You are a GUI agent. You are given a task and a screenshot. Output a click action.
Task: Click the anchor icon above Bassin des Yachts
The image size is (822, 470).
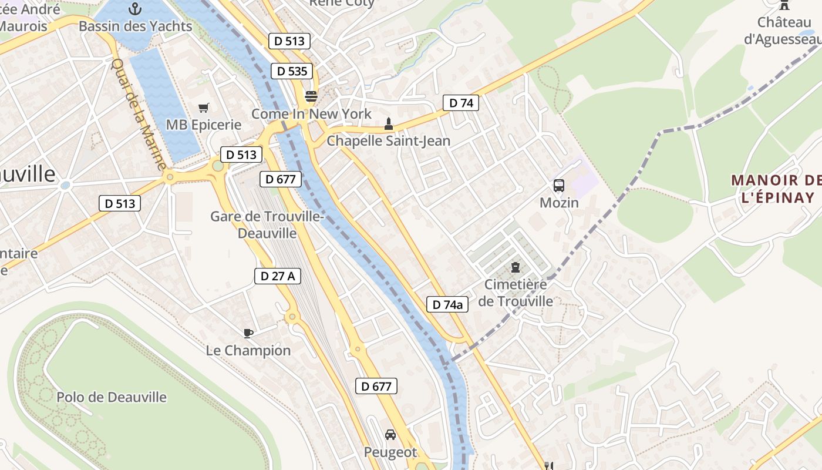click(135, 9)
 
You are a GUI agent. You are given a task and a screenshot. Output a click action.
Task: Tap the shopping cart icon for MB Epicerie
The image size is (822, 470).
click(204, 108)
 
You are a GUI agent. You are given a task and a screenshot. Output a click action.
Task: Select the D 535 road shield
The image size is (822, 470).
click(292, 71)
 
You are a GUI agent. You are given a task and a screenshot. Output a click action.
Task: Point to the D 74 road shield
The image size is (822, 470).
click(461, 103)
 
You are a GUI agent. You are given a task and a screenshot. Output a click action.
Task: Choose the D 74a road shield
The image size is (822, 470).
click(447, 304)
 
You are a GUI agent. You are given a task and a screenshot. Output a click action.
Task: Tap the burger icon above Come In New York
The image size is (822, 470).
click(311, 96)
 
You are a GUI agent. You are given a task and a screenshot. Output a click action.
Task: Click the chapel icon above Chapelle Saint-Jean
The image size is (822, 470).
click(388, 124)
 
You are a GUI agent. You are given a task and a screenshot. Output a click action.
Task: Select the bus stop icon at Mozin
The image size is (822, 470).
click(559, 186)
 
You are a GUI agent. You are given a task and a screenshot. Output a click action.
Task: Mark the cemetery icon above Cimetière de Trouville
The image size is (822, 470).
click(516, 267)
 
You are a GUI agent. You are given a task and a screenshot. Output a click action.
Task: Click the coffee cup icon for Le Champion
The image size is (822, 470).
click(248, 333)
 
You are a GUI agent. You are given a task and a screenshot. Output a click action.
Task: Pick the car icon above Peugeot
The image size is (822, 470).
click(390, 435)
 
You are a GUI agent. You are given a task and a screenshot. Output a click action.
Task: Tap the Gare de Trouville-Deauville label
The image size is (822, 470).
click(267, 224)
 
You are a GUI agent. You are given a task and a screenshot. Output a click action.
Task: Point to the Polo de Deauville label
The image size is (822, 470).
click(112, 397)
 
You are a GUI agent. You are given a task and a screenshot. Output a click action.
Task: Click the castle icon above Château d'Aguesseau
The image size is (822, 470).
click(784, 5)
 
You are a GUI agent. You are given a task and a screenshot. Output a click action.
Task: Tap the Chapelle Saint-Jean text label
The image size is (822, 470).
click(388, 141)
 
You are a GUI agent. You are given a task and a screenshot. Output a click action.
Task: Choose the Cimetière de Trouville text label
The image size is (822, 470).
click(516, 293)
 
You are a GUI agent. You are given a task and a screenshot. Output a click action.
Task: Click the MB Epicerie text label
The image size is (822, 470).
click(204, 125)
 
